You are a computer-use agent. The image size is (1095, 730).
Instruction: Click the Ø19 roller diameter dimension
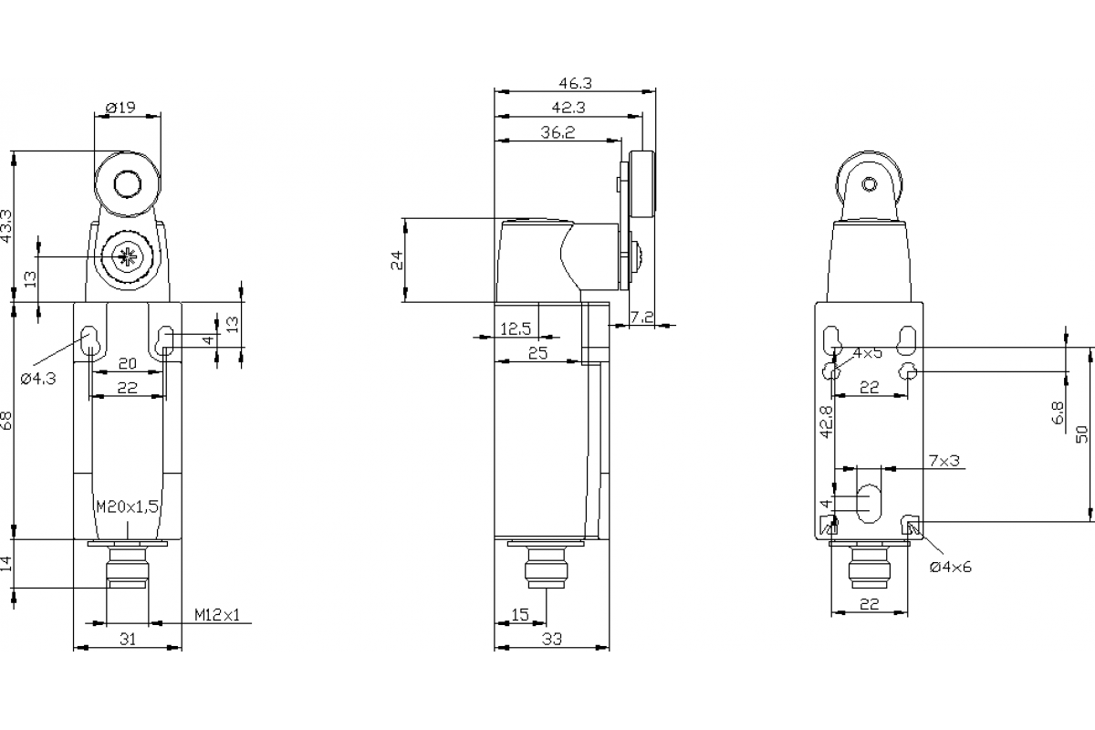point(120,108)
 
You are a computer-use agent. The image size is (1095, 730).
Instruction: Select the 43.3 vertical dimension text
point(7,225)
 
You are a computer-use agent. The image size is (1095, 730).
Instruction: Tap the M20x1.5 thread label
point(128,506)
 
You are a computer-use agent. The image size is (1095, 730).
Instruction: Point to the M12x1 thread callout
point(216,615)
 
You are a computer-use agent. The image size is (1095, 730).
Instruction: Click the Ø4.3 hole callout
point(37,378)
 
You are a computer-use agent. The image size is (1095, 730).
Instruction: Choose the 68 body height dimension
point(7,420)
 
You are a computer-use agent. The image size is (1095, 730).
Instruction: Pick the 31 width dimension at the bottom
point(128,640)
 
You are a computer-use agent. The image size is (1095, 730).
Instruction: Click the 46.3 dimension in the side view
point(575,83)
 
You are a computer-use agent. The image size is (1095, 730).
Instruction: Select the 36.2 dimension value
point(557,133)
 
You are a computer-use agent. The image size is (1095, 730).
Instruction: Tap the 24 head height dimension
point(397,260)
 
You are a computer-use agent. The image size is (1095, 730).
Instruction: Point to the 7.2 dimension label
point(642,317)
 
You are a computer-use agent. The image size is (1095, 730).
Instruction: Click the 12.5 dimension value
point(516,328)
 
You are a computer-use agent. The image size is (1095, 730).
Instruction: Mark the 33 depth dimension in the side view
point(551,640)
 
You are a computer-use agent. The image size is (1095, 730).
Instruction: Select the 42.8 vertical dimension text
point(826,422)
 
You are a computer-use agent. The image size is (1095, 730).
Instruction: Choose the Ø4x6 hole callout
point(951,567)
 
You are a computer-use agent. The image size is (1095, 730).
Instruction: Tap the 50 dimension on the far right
point(1081,433)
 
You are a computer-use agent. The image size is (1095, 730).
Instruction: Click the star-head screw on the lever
point(126,257)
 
